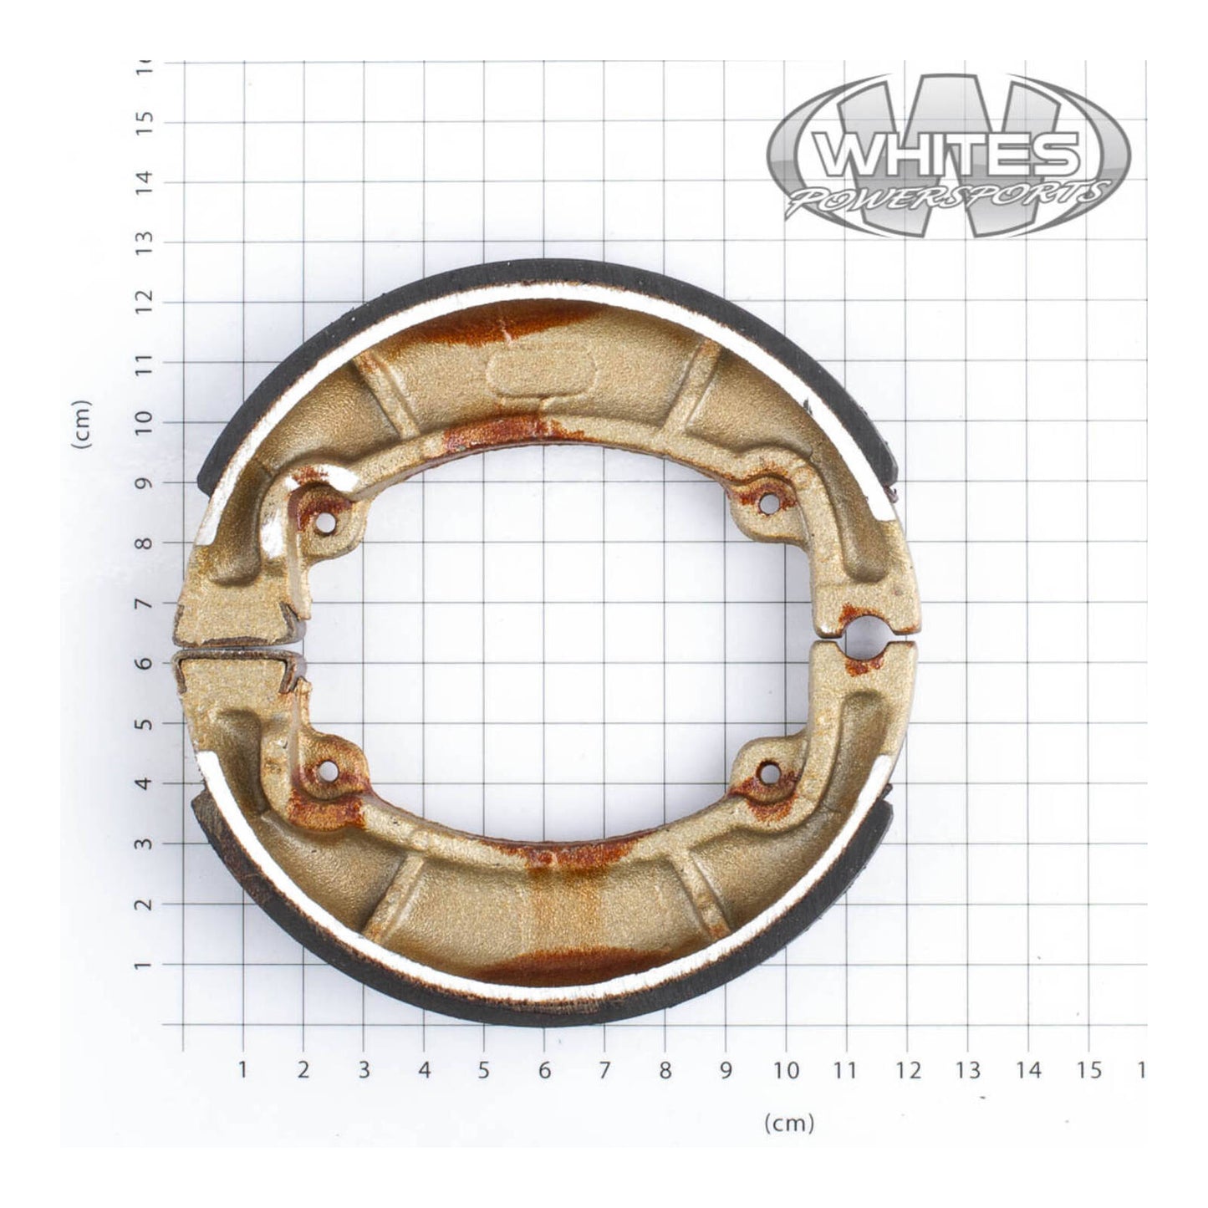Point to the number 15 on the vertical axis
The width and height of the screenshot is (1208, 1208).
coord(148,122)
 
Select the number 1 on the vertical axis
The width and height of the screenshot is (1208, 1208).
coord(148,965)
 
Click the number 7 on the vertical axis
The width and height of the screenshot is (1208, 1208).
coord(148,604)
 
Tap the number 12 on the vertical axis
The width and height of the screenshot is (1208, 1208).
coord(148,303)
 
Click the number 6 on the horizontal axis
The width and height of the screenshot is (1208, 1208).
coord(544,1071)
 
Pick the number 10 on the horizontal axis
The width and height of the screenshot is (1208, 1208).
coord(785,1071)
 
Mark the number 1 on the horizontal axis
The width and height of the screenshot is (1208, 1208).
coord(243,1071)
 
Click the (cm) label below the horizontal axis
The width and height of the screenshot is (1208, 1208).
coord(789,1123)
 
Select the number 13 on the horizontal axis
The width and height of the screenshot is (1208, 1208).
coord(967,1071)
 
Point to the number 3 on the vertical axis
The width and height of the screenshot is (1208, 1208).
coord(148,844)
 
